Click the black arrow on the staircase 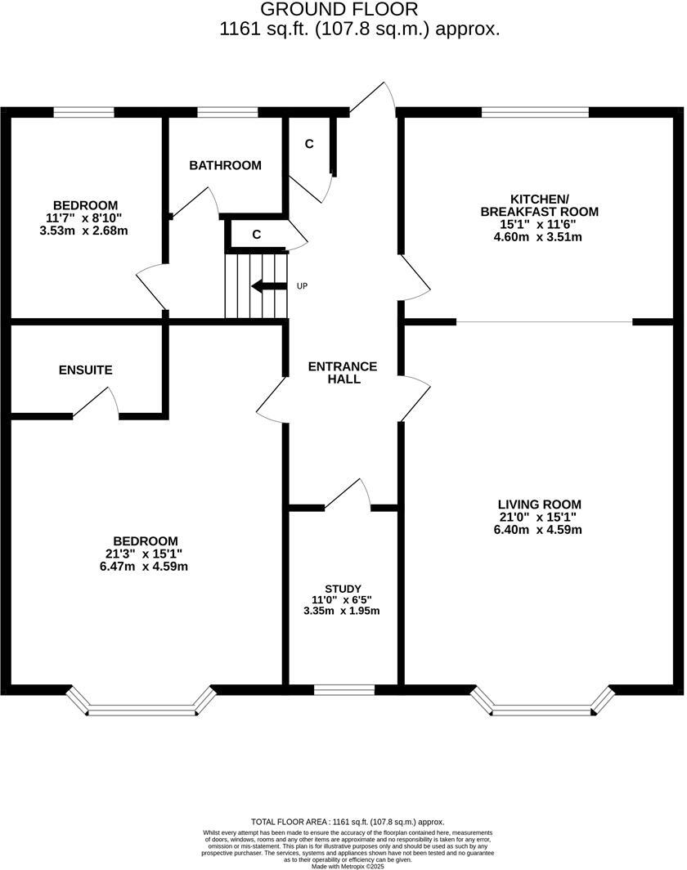pos(268,286)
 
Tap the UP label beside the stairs pos(302,286)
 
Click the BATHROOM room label pos(225,165)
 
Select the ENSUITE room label pos(85,370)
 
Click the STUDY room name pos(342,588)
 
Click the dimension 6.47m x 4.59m pos(145,566)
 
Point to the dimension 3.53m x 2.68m pos(83,231)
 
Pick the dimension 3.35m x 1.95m pos(342,611)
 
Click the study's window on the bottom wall pos(344,690)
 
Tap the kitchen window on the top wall pos(535,112)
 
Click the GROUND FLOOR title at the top pos(339,10)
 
